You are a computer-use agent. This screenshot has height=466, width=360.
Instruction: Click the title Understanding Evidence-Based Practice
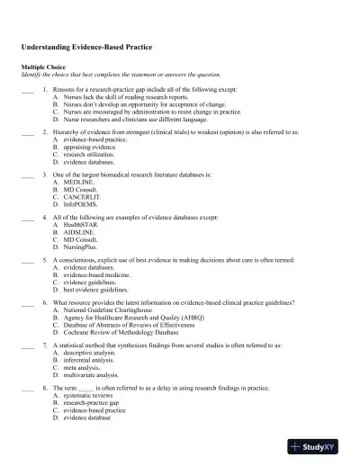(85, 45)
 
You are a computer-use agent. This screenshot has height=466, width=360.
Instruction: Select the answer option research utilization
(92, 152)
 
